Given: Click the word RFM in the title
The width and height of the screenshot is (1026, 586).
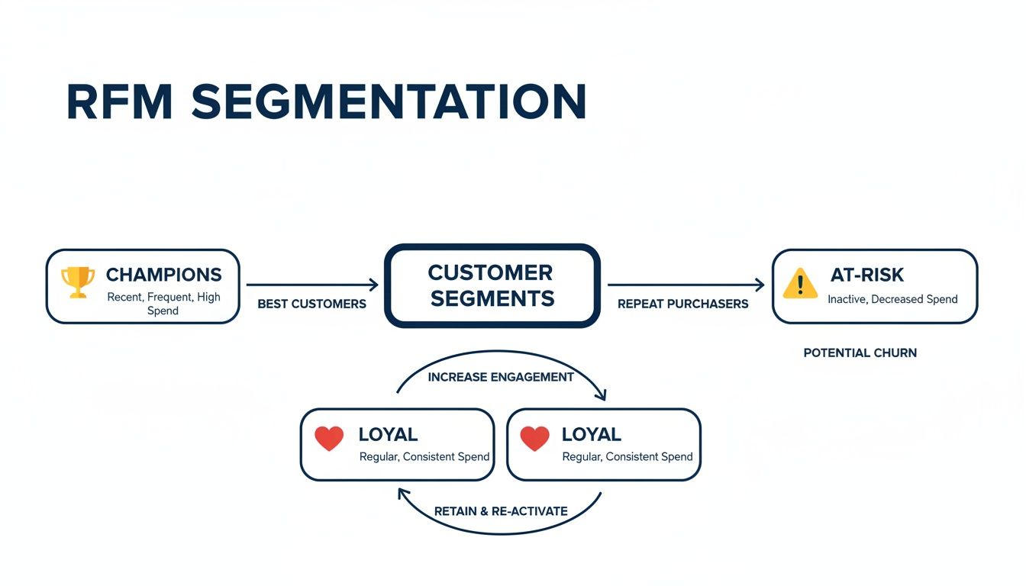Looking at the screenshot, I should pos(120,101).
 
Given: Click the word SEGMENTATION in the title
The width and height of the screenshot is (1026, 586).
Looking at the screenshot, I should pos(389,101).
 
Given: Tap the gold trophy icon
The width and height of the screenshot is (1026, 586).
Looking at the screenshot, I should pos(78,282).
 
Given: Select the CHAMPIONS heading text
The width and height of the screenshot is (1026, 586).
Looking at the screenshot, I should pos(163,275).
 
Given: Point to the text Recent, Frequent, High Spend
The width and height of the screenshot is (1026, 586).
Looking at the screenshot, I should pos(163,304).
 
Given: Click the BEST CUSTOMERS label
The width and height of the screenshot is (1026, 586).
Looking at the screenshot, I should pos(311,304).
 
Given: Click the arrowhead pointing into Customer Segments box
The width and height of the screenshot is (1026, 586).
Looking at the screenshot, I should pos(374,285).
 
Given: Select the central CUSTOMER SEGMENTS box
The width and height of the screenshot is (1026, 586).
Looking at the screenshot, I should pos(492,285).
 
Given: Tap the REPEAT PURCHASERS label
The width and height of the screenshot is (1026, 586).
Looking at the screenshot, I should pos(682,304).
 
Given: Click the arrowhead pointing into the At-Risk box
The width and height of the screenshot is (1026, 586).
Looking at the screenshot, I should pos(760,285).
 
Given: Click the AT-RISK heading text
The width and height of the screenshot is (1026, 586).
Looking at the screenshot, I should pos(867,275).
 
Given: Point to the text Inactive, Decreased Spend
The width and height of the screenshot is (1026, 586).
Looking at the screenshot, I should pos(892,299).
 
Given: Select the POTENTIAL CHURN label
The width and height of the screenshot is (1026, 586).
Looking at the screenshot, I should pos(860,353).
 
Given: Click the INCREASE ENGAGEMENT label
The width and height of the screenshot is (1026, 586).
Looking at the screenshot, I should pos(501,377).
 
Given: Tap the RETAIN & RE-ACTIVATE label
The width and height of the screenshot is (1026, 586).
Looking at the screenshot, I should pos(501,511).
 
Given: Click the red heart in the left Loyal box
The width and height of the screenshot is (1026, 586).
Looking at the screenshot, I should pos(329,438).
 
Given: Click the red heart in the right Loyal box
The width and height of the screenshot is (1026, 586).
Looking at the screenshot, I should pos(534,438).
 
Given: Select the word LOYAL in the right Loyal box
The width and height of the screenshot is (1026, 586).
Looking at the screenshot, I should pos(591,434).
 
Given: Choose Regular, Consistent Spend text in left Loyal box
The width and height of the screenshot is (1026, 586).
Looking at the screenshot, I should pos(424,457).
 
